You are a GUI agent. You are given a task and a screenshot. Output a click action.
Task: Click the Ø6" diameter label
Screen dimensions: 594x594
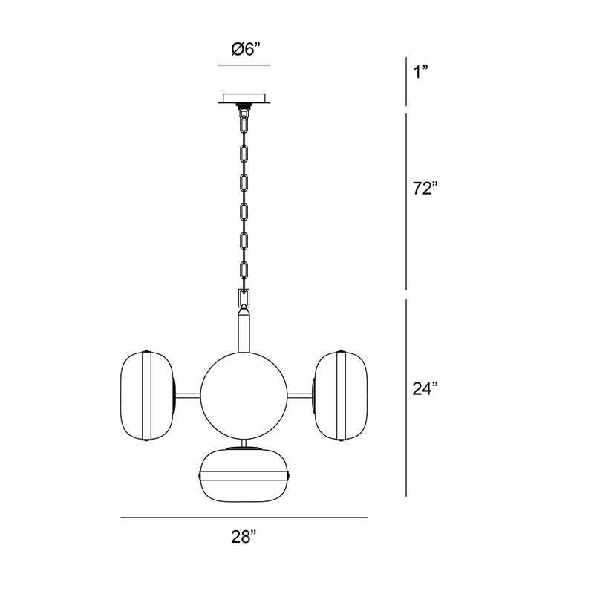(247, 49)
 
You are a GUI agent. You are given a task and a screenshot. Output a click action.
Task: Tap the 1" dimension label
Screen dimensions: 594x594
(420, 71)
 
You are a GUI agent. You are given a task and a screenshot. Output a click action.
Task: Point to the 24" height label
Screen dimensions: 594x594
(425, 388)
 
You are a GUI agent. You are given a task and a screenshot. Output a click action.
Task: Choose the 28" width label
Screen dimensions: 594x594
(244, 537)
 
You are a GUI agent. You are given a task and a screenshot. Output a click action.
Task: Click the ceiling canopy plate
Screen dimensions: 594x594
(244, 98)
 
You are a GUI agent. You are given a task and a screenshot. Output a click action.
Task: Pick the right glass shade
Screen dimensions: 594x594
(341, 396)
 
